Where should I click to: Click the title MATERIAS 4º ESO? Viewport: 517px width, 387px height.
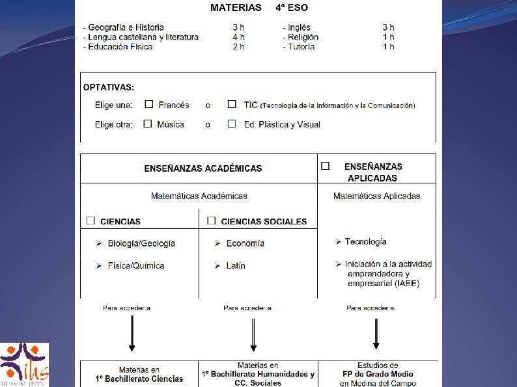pyautogui.click(x=258, y=8)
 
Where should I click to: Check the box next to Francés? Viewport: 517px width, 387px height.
pyautogui.click(x=149, y=104)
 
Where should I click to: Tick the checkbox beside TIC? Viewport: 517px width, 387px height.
pyautogui.click(x=232, y=104)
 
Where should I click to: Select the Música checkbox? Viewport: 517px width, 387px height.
pyautogui.click(x=148, y=124)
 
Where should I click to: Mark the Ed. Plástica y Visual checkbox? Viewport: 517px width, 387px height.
pyautogui.click(x=232, y=124)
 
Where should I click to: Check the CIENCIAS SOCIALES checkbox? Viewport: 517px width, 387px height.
pyautogui.click(x=211, y=220)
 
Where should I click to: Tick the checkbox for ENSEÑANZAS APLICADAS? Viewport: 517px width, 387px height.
pyautogui.click(x=326, y=166)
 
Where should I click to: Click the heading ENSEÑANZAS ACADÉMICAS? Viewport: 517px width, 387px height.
pyautogui.click(x=203, y=168)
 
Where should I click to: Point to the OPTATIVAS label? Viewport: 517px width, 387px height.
pyautogui.click(x=109, y=87)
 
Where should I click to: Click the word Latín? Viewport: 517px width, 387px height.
pyautogui.click(x=236, y=265)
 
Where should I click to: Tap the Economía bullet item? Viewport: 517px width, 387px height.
pyautogui.click(x=245, y=243)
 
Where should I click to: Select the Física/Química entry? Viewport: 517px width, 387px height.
pyautogui.click(x=136, y=265)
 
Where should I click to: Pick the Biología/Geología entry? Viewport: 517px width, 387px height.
pyautogui.click(x=141, y=243)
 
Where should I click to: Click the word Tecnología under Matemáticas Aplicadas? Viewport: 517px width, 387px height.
pyautogui.click(x=365, y=241)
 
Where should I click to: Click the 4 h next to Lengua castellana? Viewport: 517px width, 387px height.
pyautogui.click(x=239, y=37)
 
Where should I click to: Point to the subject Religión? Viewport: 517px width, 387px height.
pyautogui.click(x=303, y=37)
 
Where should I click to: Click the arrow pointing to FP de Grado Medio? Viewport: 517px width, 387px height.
pyautogui.click(x=376, y=331)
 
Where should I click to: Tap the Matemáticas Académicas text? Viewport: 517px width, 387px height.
pyautogui.click(x=199, y=196)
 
